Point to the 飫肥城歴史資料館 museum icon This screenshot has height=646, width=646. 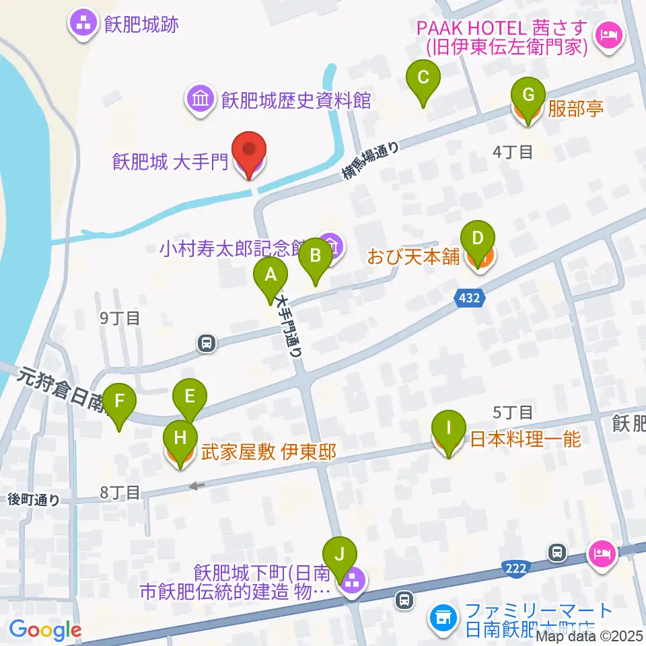click(x=201, y=100)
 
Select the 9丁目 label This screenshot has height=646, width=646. click(x=120, y=318)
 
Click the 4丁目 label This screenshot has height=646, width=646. click(x=513, y=152)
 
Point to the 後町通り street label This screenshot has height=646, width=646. click(x=34, y=499)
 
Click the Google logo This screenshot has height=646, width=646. click(x=45, y=630)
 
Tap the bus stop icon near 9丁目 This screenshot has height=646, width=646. click(x=207, y=344)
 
